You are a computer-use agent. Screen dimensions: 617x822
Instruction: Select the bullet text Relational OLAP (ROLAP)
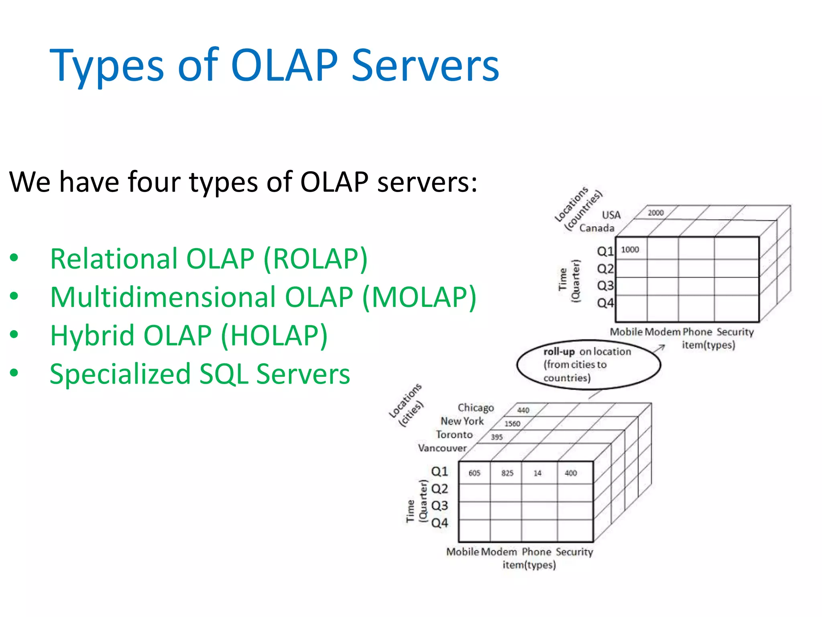coord(209,259)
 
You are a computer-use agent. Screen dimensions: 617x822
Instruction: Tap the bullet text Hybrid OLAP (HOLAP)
coord(189,336)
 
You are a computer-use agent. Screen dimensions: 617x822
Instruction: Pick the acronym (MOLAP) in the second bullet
coord(419,298)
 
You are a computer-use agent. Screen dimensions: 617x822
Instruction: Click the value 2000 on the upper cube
coord(655,213)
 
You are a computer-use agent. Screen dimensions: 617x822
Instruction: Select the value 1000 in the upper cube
coord(630,250)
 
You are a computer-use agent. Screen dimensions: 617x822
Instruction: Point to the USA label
coord(611,215)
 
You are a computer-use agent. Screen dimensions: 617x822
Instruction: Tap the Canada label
coord(596,229)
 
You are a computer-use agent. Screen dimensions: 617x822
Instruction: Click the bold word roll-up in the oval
coord(559,352)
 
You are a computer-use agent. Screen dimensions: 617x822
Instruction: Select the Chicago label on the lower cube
coord(476,408)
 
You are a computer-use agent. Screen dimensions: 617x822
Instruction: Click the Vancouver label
coord(442,448)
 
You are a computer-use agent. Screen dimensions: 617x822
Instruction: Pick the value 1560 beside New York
coord(512,424)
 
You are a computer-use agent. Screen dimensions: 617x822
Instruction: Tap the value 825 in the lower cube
coord(507,473)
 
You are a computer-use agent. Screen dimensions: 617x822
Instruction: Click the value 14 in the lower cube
coord(537,473)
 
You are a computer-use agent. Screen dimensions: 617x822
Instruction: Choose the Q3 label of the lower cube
coord(439,506)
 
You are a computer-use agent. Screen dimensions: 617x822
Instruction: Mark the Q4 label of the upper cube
coord(605,303)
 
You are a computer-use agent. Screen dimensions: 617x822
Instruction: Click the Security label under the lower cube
coord(574,552)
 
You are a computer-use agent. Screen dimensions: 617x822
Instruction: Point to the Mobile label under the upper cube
coord(626,332)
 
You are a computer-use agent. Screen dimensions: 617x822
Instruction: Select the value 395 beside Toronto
coord(496,437)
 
